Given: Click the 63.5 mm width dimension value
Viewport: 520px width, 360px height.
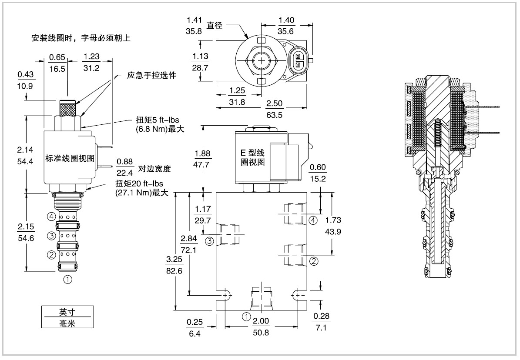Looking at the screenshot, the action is coord(274,115).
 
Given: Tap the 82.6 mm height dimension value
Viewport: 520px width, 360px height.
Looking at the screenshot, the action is coord(174,271).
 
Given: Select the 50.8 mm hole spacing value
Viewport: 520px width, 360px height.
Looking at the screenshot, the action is coord(261,332).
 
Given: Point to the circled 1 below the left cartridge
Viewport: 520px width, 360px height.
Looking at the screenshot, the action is coord(67,280).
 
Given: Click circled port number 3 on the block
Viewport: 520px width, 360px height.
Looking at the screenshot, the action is coord(209,241).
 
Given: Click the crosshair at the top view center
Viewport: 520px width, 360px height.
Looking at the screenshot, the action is coord(262,61).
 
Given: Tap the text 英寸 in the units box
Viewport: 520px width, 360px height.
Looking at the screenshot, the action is coord(67,312).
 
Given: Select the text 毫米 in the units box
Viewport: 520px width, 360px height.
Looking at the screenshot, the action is coord(67,323).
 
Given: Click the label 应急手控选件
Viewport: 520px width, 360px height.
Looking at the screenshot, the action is coord(151,76).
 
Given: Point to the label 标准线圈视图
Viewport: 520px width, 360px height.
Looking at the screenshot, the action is coord(70,158).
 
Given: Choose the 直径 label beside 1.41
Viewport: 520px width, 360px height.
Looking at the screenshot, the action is coord(215,25).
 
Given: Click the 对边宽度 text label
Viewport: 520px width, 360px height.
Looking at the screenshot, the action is coord(154,169).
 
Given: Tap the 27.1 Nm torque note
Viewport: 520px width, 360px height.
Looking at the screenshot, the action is coord(141,193).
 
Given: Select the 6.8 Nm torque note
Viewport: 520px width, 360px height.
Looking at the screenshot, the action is coord(160,129).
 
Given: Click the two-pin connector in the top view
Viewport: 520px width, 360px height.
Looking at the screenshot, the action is coord(298,61).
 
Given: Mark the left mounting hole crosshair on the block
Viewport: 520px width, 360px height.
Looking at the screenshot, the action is coord(226,295).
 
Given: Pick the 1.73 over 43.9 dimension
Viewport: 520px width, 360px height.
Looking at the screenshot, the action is coord(333,226).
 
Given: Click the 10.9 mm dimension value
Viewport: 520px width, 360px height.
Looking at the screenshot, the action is coord(25,86).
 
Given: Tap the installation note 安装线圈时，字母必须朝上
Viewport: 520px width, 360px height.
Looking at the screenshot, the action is coord(81,38).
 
